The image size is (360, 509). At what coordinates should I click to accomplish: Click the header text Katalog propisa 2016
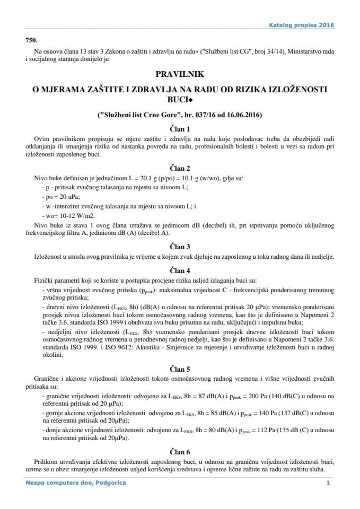[302, 25]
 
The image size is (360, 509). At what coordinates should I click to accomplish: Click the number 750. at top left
[32, 41]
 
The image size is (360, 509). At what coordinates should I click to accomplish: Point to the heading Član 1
[179, 128]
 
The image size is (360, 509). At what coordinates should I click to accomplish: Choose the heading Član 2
[179, 166]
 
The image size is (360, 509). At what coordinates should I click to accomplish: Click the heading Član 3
[179, 246]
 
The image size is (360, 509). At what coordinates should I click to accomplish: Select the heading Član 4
[179, 269]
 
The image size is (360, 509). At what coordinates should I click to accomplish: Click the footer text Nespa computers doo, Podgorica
[76, 483]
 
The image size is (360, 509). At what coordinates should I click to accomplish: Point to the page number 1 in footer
[329, 483]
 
